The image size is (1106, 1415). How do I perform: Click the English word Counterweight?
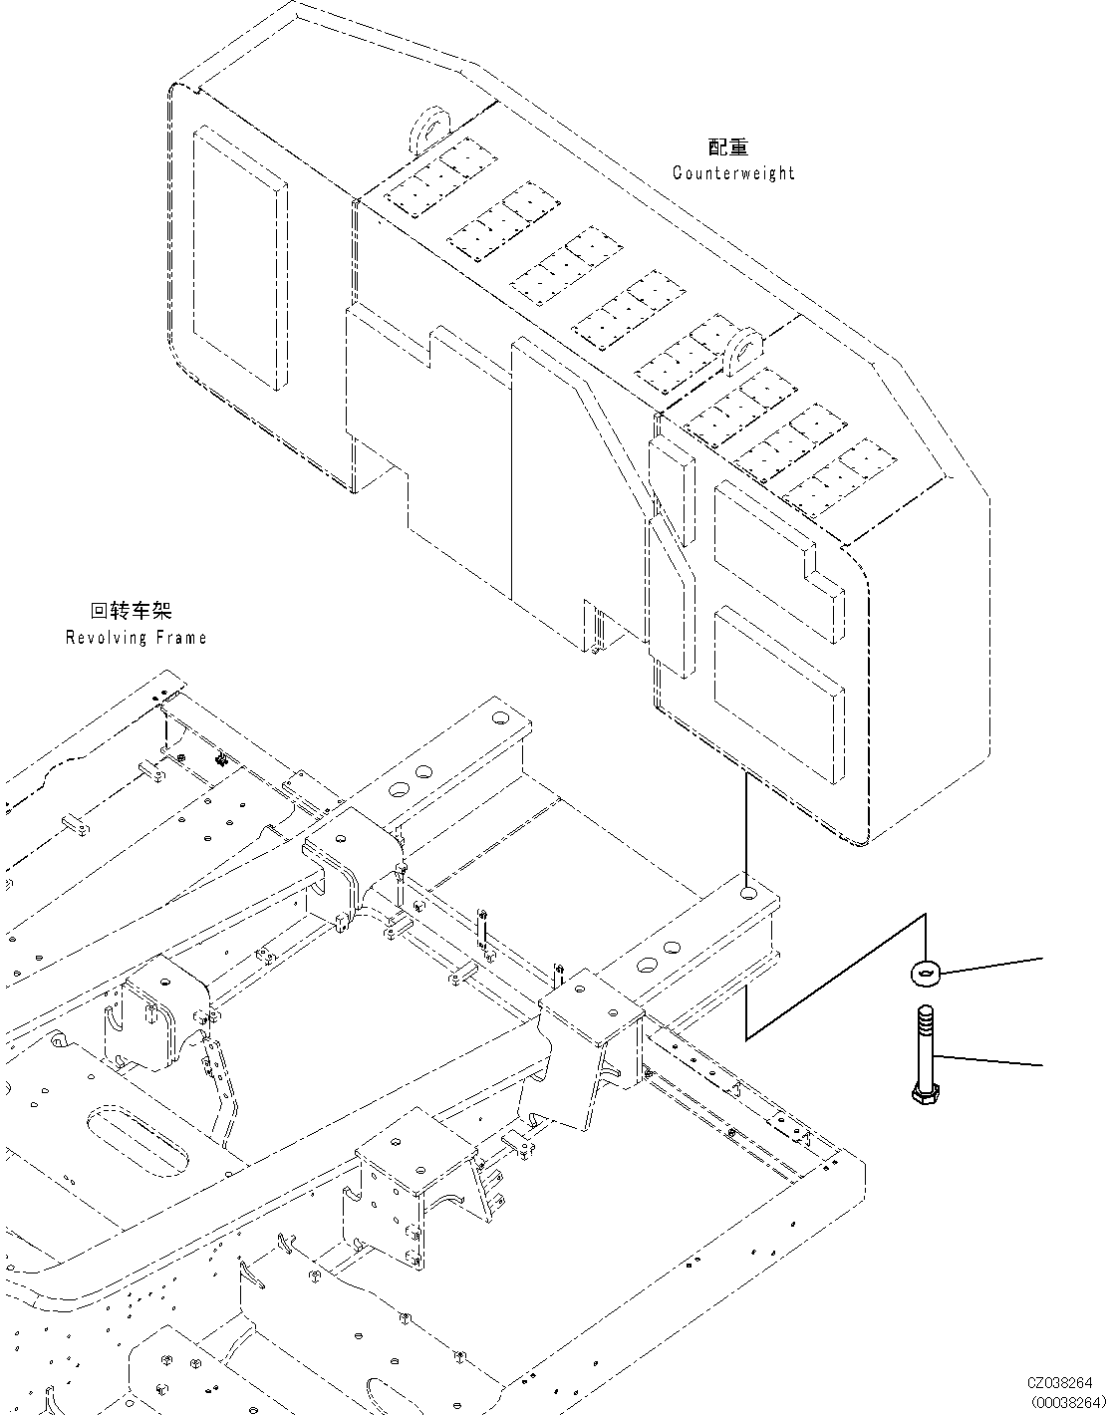click(733, 173)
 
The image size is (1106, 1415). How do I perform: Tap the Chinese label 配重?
click(728, 147)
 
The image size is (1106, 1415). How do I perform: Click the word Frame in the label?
click(181, 638)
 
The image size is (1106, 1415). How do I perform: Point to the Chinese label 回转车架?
click(131, 611)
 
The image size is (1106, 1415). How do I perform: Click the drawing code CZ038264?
click(1060, 1382)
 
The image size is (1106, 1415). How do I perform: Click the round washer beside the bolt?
click(927, 971)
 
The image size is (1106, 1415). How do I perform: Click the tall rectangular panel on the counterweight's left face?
click(237, 258)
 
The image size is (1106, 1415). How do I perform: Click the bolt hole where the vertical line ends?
click(747, 892)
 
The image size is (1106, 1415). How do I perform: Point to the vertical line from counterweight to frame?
click(746, 827)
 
